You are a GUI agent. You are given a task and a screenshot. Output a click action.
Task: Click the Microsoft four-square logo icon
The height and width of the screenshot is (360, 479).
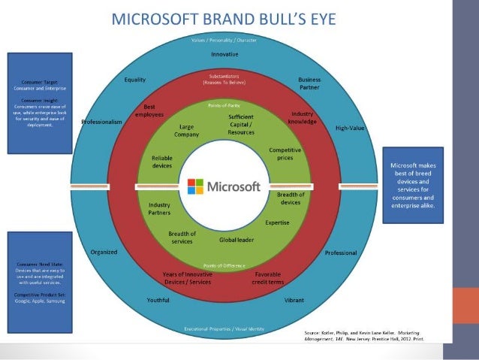[x=195, y=186]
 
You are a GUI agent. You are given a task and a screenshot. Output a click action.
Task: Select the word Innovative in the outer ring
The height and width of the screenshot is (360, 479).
[x=224, y=55]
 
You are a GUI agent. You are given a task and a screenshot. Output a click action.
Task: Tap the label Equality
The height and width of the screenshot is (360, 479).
[x=135, y=80]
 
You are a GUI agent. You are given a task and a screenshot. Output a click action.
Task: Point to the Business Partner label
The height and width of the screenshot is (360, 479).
[x=309, y=83]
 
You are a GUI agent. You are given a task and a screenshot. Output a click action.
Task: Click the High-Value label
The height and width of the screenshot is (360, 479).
[x=350, y=128]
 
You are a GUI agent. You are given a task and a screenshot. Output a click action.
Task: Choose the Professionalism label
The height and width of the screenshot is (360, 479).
[x=101, y=122]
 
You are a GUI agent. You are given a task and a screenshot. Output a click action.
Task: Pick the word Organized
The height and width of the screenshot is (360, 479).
[x=104, y=252]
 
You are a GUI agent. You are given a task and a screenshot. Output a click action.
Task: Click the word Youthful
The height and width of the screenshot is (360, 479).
[x=160, y=300]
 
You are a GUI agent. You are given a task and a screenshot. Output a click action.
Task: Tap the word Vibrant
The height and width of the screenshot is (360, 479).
[x=294, y=300]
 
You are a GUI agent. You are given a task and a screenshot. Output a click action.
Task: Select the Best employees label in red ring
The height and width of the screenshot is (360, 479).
[x=149, y=110]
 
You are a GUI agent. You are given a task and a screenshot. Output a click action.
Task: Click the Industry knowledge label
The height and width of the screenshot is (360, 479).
[x=302, y=116]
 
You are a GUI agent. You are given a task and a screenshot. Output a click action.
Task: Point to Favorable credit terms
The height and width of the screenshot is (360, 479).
[x=268, y=277]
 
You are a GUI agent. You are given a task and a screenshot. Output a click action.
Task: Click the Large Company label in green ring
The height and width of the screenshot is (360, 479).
[x=188, y=131]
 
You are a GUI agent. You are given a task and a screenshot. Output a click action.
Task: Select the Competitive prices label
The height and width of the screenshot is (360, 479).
[x=285, y=154]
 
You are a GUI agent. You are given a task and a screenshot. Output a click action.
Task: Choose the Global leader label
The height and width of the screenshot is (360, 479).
[x=236, y=240]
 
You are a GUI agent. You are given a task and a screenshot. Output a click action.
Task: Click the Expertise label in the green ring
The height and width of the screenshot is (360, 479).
[x=277, y=222]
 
